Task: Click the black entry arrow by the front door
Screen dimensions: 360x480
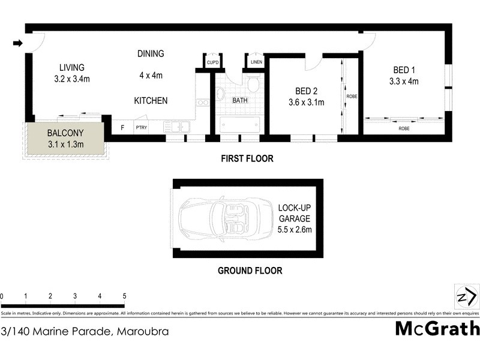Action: (x=18, y=43)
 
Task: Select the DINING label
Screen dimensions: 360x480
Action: (x=151, y=53)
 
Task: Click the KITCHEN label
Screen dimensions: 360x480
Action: (x=151, y=101)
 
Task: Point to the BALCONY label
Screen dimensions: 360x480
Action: (x=66, y=133)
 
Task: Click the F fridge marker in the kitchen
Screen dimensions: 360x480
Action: (x=122, y=127)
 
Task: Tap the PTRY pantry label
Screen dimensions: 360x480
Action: (x=141, y=127)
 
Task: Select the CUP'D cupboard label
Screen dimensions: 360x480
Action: (x=212, y=62)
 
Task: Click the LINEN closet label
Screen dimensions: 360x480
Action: (x=256, y=62)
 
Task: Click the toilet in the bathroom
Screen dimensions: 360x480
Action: (x=253, y=85)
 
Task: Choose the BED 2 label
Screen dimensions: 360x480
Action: (x=306, y=91)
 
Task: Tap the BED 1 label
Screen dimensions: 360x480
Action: (x=404, y=70)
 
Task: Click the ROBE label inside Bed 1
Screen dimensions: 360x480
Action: (x=404, y=128)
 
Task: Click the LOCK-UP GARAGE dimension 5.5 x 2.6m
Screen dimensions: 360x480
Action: (x=294, y=229)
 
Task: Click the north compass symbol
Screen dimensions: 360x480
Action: (x=466, y=298)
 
